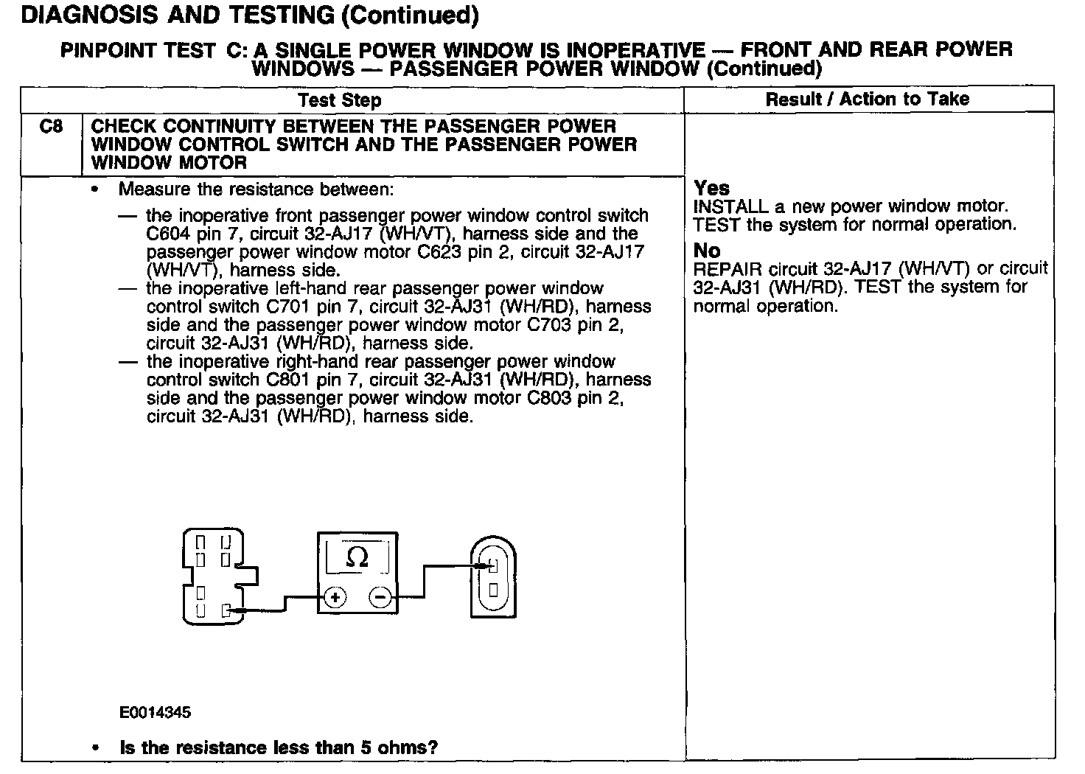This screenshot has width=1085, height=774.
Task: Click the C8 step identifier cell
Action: tap(50, 127)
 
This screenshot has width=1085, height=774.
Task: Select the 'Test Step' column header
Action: tap(340, 100)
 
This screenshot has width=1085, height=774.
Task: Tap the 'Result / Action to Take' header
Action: tap(867, 100)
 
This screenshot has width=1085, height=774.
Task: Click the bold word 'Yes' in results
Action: tap(711, 188)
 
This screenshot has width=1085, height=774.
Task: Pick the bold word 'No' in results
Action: tap(707, 251)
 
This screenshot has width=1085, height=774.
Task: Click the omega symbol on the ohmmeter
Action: tap(357, 557)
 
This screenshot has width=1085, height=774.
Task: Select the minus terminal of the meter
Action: tap(380, 597)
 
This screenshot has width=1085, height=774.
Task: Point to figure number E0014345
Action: tap(155, 713)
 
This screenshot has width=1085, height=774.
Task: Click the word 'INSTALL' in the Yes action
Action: tap(729, 207)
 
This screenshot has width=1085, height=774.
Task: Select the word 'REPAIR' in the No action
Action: tap(727, 269)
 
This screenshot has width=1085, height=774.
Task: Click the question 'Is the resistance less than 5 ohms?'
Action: tap(279, 747)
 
